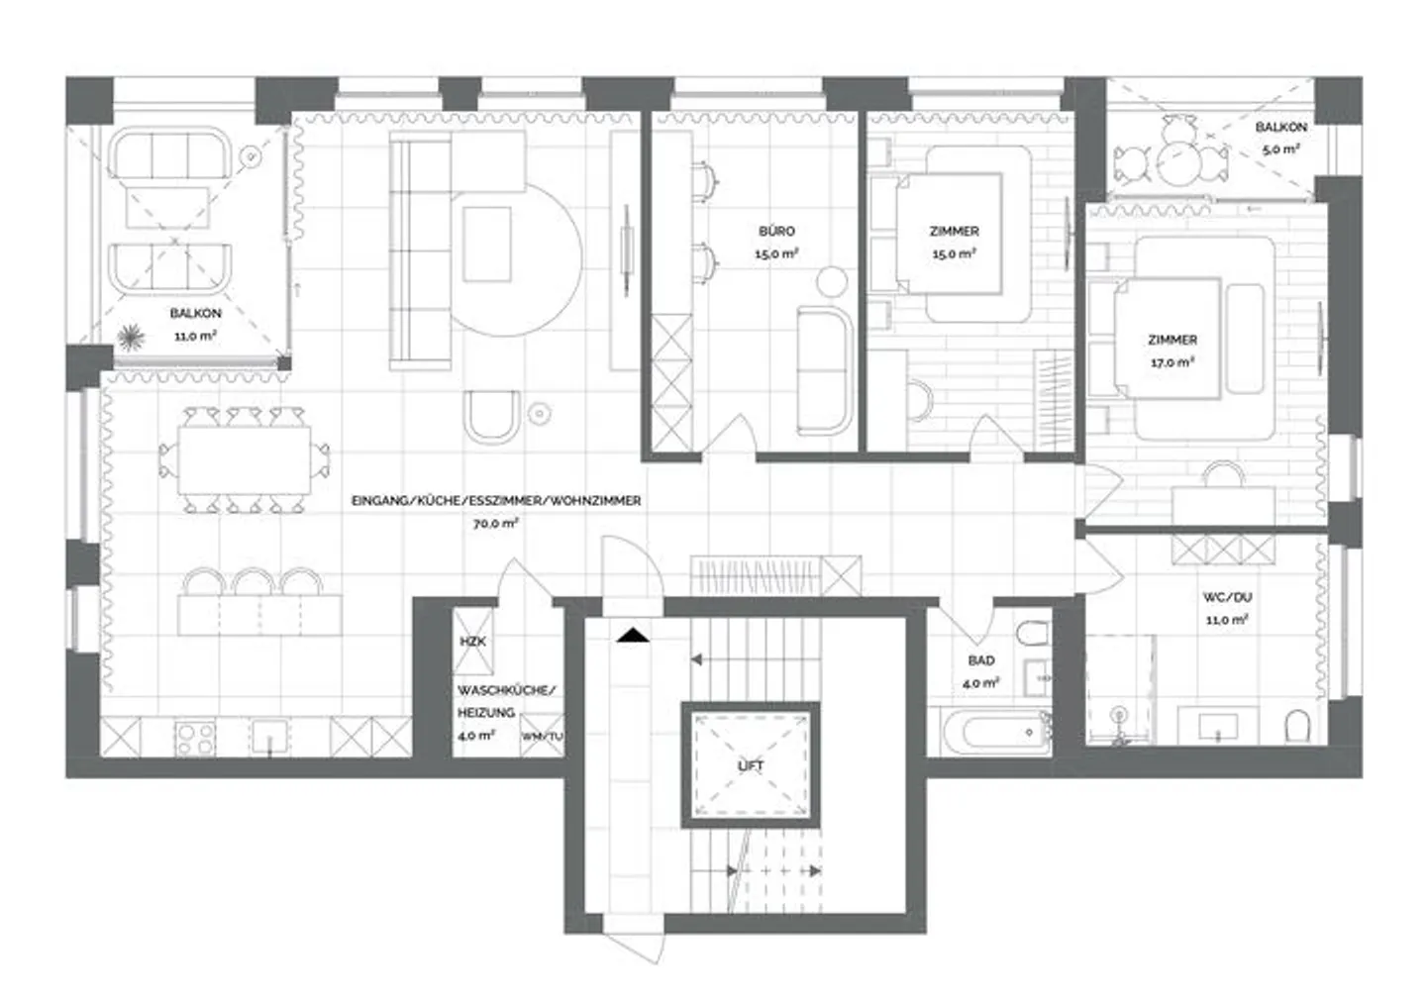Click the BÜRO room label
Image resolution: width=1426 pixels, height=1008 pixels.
776,231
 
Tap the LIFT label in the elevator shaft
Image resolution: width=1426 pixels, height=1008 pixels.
751,766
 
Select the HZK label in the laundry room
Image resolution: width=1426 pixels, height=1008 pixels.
472,642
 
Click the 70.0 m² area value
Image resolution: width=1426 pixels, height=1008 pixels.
495,523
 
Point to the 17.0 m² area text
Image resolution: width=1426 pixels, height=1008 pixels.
1172,362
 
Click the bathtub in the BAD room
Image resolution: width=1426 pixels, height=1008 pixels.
996,732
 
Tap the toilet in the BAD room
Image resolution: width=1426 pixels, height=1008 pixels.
1032,633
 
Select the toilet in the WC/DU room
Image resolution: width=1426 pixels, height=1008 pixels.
1297,726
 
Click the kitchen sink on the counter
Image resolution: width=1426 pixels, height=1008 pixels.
270,737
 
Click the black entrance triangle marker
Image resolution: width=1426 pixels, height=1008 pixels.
633,635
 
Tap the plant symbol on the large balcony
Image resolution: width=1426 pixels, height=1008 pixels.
130,338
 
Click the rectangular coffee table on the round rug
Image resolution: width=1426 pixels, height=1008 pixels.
487,244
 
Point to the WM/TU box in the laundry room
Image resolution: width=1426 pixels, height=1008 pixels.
542,736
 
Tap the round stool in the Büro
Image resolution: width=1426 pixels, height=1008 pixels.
832,281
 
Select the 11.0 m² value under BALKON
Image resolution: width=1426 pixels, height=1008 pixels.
195,336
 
